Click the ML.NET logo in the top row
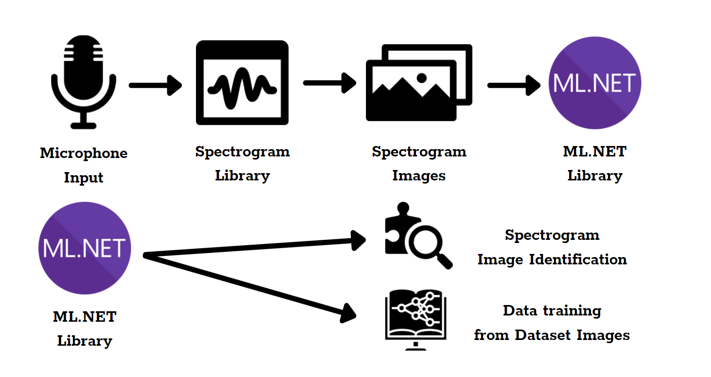[595, 83]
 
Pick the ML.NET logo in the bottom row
[84, 248]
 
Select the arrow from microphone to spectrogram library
[155, 85]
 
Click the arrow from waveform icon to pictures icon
[329, 82]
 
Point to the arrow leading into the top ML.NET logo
[513, 85]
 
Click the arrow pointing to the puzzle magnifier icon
[255, 248]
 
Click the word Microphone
[83, 153]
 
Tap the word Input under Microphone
[83, 178]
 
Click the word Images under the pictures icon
[419, 176]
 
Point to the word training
[573, 311]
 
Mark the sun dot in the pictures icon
[422, 78]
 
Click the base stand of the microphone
[83, 125]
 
